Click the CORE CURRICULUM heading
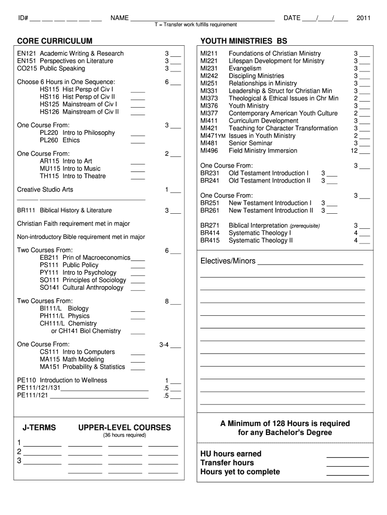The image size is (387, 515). tap(55, 41)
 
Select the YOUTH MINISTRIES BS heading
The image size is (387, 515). tap(244, 41)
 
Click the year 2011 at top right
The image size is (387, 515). tap(363, 18)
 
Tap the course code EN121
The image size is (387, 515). tap(27, 53)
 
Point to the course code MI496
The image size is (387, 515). tap(210, 151)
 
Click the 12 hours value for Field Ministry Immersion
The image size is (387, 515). tap(354, 151)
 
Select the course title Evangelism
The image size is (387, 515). tap(245, 68)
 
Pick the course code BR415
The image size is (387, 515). tap(210, 241)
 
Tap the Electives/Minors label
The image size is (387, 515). tap(228, 261)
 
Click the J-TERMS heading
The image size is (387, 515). tap(39, 427)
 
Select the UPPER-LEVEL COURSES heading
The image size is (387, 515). tap(125, 427)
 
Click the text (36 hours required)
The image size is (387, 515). tap(125, 435)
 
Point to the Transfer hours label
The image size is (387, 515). tap(227, 463)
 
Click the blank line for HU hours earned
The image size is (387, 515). tap(347, 456)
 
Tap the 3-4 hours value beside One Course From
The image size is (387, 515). tap(164, 345)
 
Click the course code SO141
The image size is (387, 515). tap(50, 288)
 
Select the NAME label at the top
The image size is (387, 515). tap(119, 18)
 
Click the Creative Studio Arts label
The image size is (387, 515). tap(45, 190)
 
